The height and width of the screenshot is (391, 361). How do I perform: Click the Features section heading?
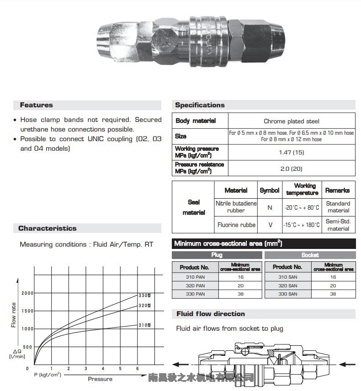(x=37, y=105)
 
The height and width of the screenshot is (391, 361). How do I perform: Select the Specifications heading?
(x=200, y=105)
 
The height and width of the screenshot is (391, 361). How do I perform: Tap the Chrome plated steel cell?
(x=291, y=121)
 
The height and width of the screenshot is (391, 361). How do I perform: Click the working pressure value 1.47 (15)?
(x=291, y=152)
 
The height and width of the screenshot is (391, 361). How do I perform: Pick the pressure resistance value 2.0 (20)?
(x=291, y=169)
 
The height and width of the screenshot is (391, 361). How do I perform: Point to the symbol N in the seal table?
(x=270, y=207)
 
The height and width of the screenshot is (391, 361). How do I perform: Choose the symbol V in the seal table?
(x=270, y=225)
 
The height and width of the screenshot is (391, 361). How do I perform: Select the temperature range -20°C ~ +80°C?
(x=302, y=207)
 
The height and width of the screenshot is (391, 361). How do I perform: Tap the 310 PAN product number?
(x=195, y=277)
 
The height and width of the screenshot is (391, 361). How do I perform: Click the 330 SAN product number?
(x=287, y=294)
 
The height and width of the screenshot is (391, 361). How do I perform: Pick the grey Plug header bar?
(x=217, y=255)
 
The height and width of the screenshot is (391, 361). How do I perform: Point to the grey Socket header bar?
(x=310, y=255)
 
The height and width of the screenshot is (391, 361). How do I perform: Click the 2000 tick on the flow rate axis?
(x=27, y=293)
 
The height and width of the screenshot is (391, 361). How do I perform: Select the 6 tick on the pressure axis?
(x=138, y=369)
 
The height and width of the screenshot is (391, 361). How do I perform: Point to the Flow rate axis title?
(x=14, y=315)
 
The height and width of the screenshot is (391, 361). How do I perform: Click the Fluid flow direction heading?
(x=211, y=314)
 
